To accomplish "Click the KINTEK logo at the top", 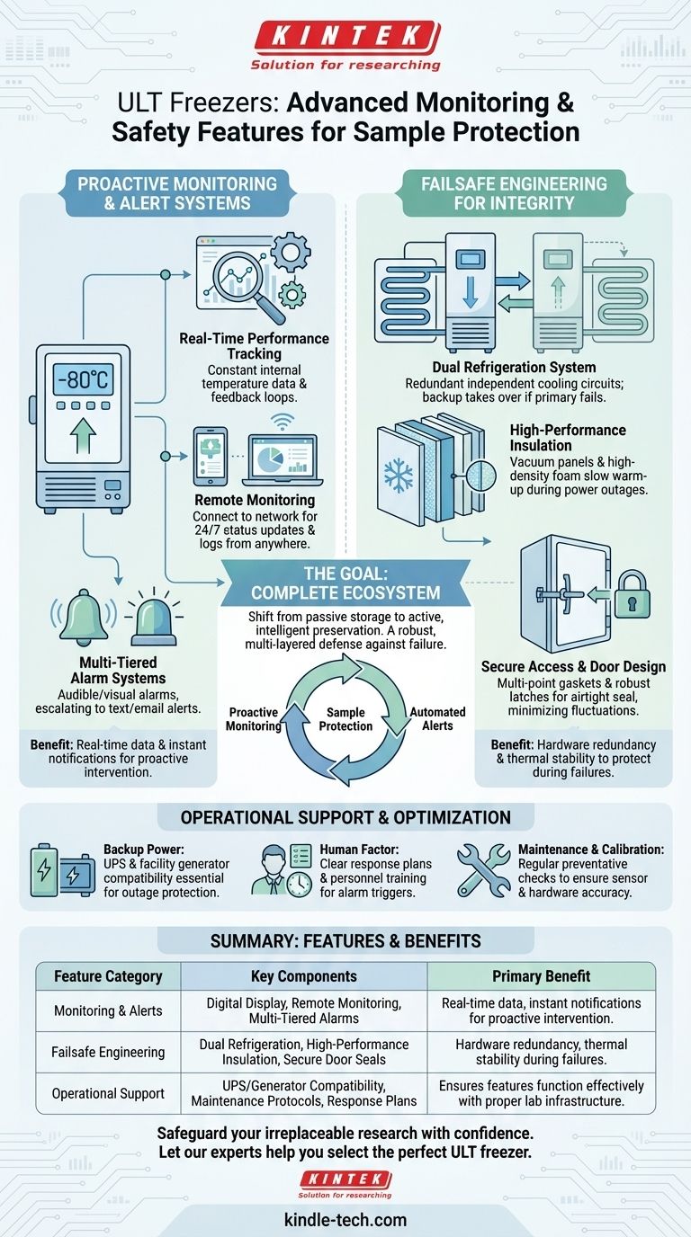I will pyautogui.click(x=345, y=39).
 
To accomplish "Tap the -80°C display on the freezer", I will pyautogui.click(x=83, y=379).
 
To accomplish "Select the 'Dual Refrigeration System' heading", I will pyautogui.click(x=513, y=367).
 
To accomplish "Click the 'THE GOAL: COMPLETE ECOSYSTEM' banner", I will pyautogui.click(x=345, y=583).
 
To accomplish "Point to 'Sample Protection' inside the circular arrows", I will pyautogui.click(x=345, y=718).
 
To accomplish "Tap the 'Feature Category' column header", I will pyautogui.click(x=108, y=975).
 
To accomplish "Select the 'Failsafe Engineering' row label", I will pyautogui.click(x=108, y=1052).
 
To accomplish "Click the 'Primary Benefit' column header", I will pyautogui.click(x=541, y=975).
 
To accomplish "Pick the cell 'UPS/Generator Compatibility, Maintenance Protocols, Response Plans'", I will pyautogui.click(x=304, y=1093).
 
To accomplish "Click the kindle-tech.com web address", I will pyautogui.click(x=345, y=1220).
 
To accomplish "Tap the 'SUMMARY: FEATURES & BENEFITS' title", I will pyautogui.click(x=345, y=941).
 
